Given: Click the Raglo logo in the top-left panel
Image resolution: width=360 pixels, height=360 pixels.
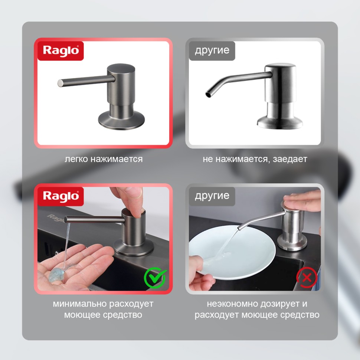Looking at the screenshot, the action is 60,51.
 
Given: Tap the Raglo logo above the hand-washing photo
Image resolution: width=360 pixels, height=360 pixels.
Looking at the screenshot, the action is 60,196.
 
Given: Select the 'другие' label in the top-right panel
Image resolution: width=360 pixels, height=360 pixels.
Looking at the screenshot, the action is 212,51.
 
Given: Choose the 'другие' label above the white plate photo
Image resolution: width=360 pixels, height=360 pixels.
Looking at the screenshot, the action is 212,196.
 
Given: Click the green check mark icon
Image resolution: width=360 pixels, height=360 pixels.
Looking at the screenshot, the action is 155,278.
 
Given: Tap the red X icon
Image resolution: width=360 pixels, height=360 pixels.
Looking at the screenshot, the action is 307,278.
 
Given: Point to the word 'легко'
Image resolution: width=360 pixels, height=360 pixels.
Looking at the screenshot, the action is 76,159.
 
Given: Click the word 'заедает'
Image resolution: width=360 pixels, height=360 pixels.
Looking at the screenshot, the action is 290,159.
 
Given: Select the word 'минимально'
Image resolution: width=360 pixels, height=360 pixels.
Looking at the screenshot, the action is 80,304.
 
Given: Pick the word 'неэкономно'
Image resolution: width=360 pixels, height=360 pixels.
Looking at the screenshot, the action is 233,304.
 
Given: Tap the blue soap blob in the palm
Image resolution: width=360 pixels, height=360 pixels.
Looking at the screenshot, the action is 57,274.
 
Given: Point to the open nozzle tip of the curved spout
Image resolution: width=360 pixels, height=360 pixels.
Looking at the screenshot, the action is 208,94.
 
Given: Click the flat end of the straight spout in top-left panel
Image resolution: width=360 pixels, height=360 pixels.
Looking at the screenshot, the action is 60,83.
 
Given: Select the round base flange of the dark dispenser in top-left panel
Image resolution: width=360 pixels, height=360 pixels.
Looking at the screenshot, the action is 121,121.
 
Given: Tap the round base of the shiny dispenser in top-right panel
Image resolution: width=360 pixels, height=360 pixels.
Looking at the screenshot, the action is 279,122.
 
